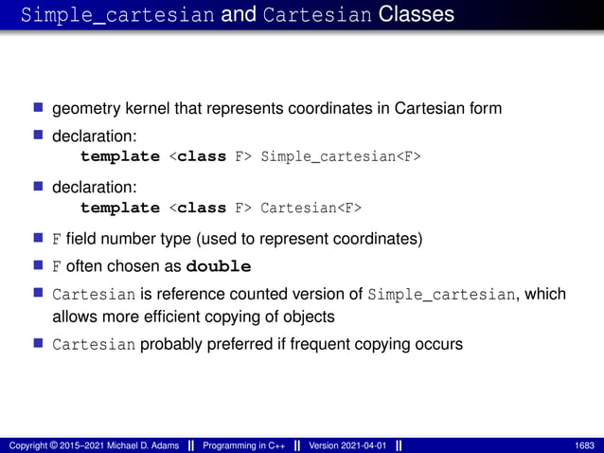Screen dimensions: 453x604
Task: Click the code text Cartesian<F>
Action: point(311,208)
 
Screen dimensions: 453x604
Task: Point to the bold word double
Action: point(220,265)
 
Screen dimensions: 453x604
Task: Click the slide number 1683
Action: point(585,445)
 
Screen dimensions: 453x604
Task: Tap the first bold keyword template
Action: point(120,156)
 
